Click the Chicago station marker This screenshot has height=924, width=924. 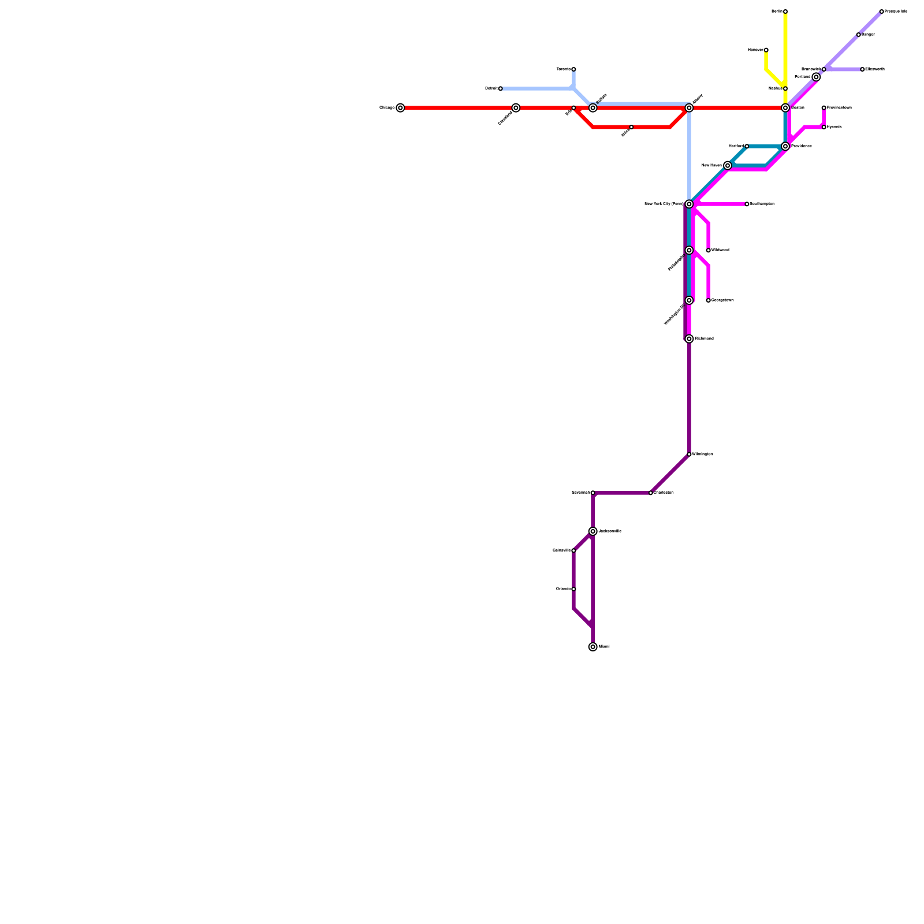400,108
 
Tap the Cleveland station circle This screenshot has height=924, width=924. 516,108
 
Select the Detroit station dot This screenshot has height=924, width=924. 500,88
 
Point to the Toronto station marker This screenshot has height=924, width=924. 573,69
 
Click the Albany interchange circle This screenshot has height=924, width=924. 689,108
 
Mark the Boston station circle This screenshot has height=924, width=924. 785,108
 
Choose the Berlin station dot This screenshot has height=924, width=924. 785,12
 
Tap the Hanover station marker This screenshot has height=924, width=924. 766,50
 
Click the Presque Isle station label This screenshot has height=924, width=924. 896,12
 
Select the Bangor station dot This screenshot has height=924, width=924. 858,35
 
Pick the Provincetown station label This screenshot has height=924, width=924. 839,108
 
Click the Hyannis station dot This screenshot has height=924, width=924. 824,127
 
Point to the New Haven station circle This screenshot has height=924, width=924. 728,166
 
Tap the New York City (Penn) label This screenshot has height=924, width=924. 664,204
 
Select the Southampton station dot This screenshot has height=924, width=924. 747,204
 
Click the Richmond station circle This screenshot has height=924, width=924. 689,339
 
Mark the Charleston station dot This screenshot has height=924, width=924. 651,493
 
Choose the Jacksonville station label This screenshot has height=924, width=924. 610,531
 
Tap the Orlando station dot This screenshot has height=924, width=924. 573,589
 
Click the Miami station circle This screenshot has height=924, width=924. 593,647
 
